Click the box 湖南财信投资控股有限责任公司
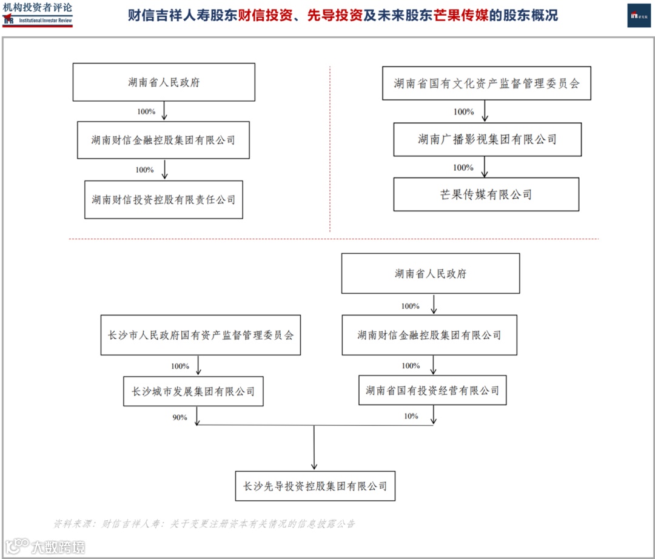tap(164, 199)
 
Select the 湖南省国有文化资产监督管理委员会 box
tap(486, 83)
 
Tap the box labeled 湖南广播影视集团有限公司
tap(487, 139)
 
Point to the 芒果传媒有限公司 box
tap(486, 194)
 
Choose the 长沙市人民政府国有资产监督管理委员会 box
tap(200, 335)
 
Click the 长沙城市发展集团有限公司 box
tap(193, 391)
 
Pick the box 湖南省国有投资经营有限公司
tap(432, 391)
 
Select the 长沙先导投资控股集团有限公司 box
tap(315, 486)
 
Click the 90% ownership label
tap(180, 417)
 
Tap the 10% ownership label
tap(411, 416)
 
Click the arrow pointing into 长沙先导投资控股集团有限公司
tap(314, 448)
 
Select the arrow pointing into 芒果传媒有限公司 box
tap(485, 167)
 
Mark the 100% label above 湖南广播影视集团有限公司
tap(463, 112)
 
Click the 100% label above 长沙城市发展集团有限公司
tap(180, 366)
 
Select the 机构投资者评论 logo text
tap(37, 8)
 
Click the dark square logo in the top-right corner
tap(639, 15)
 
